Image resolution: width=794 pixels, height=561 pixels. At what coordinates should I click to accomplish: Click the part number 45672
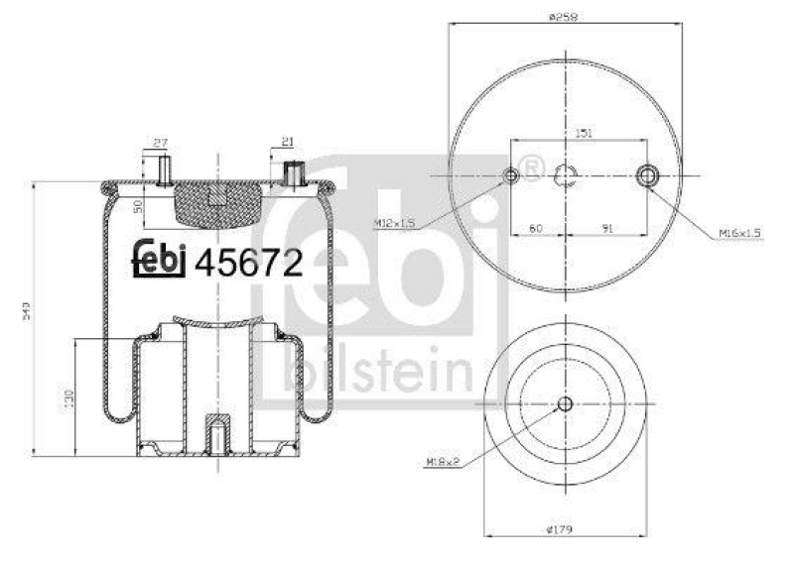(248, 261)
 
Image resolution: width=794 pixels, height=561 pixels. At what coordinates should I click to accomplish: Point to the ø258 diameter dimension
(564, 16)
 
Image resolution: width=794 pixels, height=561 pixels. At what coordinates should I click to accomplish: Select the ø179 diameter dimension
(564, 528)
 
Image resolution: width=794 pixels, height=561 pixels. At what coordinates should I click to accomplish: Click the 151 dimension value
(585, 134)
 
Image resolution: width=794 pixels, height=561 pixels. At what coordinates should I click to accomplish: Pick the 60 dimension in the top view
(536, 228)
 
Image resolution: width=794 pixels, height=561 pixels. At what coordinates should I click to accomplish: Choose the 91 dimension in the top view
(607, 228)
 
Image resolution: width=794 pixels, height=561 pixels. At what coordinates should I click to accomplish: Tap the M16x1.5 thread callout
(740, 233)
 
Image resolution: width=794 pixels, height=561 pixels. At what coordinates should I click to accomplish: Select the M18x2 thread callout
(442, 461)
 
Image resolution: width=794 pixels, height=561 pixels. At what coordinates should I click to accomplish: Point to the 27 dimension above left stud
(160, 142)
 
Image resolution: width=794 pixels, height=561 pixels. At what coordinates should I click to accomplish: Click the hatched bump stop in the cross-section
(215, 203)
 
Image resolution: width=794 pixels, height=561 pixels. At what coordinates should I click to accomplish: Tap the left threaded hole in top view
(511, 176)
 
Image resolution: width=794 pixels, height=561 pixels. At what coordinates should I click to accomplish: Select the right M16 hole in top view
(647, 176)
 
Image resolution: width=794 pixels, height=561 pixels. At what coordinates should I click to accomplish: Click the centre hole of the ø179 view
(565, 403)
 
